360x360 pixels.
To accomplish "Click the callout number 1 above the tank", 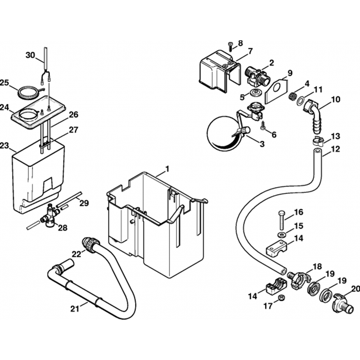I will click(x=167, y=168).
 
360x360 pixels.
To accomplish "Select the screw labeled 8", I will click(x=230, y=45).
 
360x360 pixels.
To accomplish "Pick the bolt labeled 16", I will click(x=281, y=221).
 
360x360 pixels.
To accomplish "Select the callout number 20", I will click(x=356, y=288).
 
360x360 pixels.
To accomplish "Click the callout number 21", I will click(x=75, y=308).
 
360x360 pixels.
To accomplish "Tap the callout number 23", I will click(x=4, y=146).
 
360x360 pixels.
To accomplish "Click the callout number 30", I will click(x=30, y=55).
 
